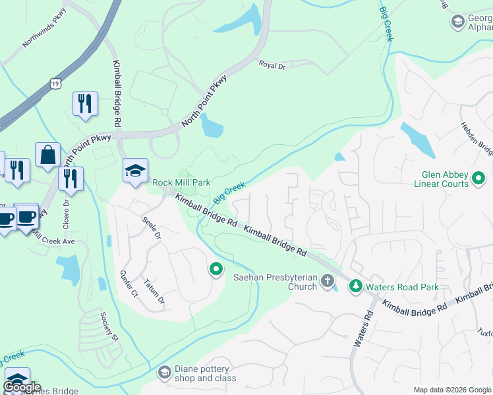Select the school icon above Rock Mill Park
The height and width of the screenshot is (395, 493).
tap(135, 171)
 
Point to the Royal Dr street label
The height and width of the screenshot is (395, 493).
tap(272, 65)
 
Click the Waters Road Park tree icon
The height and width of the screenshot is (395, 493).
tap(356, 286)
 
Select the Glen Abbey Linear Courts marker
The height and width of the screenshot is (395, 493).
tap(479, 178)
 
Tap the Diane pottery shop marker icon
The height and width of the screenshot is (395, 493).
tap(165, 373)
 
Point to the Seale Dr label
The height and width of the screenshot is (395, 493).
tap(152, 226)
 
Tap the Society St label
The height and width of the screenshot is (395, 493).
tap(109, 327)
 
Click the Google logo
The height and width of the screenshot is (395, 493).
tap(22, 388)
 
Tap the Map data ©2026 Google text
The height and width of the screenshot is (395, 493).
tap(453, 390)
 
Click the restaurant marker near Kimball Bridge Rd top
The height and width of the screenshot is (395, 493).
tap(85, 104)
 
